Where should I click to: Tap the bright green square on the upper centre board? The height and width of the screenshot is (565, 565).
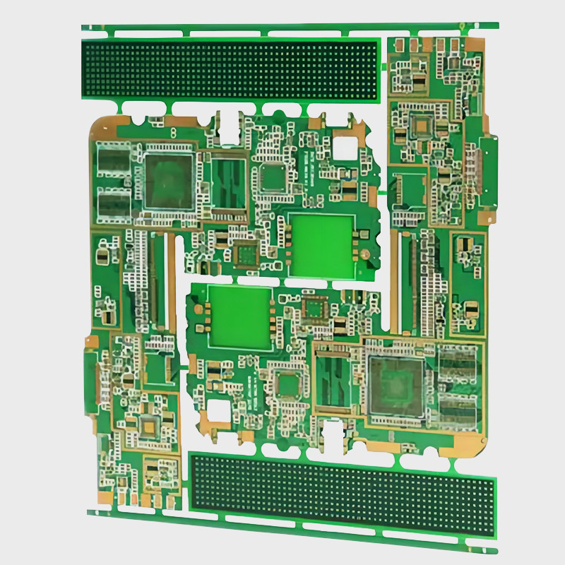point(321,244)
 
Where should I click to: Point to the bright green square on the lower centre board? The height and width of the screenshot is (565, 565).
point(240,317)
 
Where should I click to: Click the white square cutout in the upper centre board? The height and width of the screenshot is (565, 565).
point(347,148)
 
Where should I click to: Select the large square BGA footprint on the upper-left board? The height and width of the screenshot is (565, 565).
point(169,181)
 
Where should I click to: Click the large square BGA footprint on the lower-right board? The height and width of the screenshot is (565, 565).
point(395,385)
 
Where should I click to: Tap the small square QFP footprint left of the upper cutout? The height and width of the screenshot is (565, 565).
point(273,177)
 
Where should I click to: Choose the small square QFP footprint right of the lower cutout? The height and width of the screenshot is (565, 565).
point(289,384)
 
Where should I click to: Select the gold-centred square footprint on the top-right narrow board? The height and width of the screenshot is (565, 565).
point(422,127)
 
